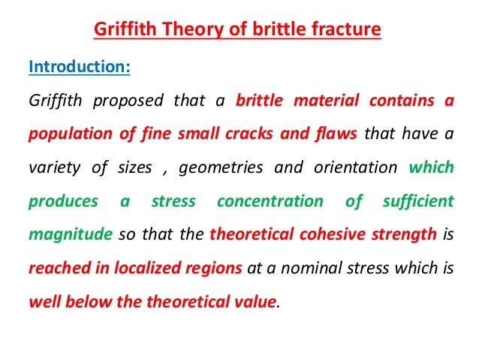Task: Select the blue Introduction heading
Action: pos(79,66)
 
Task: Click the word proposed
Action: pos(129,101)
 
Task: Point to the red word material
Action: pos(319,101)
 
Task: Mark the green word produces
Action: pos(63,201)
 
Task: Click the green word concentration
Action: pos(270,201)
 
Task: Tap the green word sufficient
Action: pos(417,201)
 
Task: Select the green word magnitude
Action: pos(63,234)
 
